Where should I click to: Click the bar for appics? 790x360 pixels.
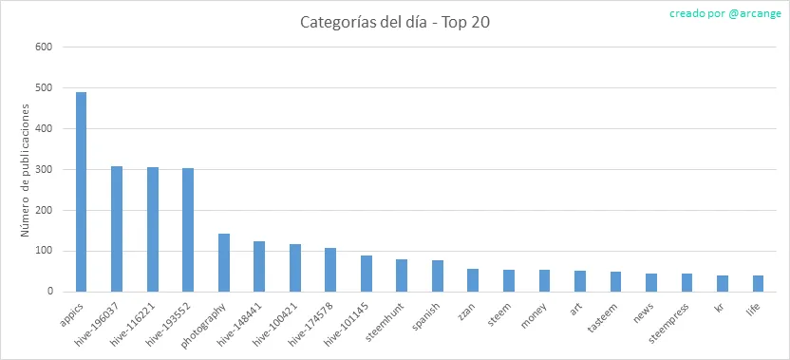pos(81,192)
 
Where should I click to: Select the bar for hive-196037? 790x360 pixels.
pos(117,229)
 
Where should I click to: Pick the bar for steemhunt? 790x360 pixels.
pos(402,275)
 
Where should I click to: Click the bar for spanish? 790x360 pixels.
pos(438,276)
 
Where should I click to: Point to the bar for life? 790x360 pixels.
pos(759,284)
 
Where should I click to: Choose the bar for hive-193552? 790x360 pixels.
pos(188,230)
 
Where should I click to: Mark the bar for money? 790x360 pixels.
pos(544,281)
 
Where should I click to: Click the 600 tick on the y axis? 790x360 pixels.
pos(44,47)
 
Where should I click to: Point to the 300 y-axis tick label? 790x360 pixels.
pos(44,169)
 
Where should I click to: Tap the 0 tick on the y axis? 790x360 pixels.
pos(49,292)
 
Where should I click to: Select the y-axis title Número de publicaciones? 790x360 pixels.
pos(26,170)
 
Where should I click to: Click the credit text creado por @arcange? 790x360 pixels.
pos(725,13)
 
